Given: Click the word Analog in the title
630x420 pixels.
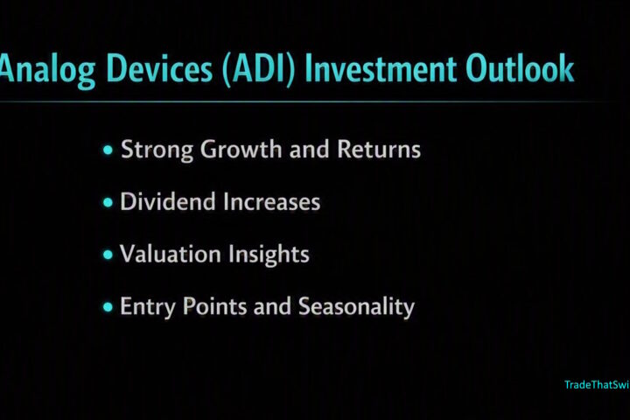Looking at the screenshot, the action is [x=48, y=69].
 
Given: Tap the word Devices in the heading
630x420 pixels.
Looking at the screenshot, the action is [x=159, y=68].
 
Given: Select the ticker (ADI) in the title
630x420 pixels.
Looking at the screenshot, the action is [x=259, y=69].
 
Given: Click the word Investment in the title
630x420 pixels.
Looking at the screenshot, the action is [x=381, y=69].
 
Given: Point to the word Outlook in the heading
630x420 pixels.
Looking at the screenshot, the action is [x=521, y=68].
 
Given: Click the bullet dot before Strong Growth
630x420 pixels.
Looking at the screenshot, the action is [x=108, y=150].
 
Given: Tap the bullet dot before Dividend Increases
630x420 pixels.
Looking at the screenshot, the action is [x=108, y=202].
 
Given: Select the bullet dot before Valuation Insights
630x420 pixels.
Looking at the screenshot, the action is [x=108, y=255].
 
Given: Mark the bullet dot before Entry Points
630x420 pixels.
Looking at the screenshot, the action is [x=108, y=307].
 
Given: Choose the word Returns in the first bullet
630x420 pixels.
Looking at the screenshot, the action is [x=379, y=150].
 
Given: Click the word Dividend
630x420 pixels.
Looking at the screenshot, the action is [x=167, y=201].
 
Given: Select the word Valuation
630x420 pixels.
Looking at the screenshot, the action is [x=171, y=254].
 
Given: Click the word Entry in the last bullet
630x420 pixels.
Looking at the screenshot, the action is [x=148, y=307].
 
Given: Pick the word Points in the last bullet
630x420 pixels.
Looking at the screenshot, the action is [x=214, y=306].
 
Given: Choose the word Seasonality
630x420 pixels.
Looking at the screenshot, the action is [x=356, y=307].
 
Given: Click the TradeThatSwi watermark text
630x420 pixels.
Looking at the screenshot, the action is [x=597, y=385].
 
